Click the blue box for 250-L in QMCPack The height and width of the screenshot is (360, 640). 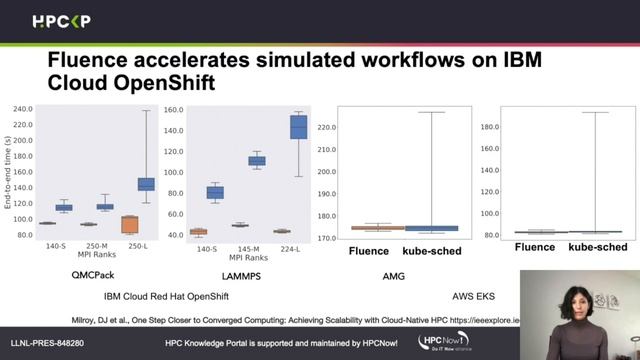[x=146, y=183]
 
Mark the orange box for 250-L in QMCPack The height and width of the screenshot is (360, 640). [x=128, y=224]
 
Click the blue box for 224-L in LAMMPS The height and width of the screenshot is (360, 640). [x=298, y=127]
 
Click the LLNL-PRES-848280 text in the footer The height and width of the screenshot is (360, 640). [x=47, y=343]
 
